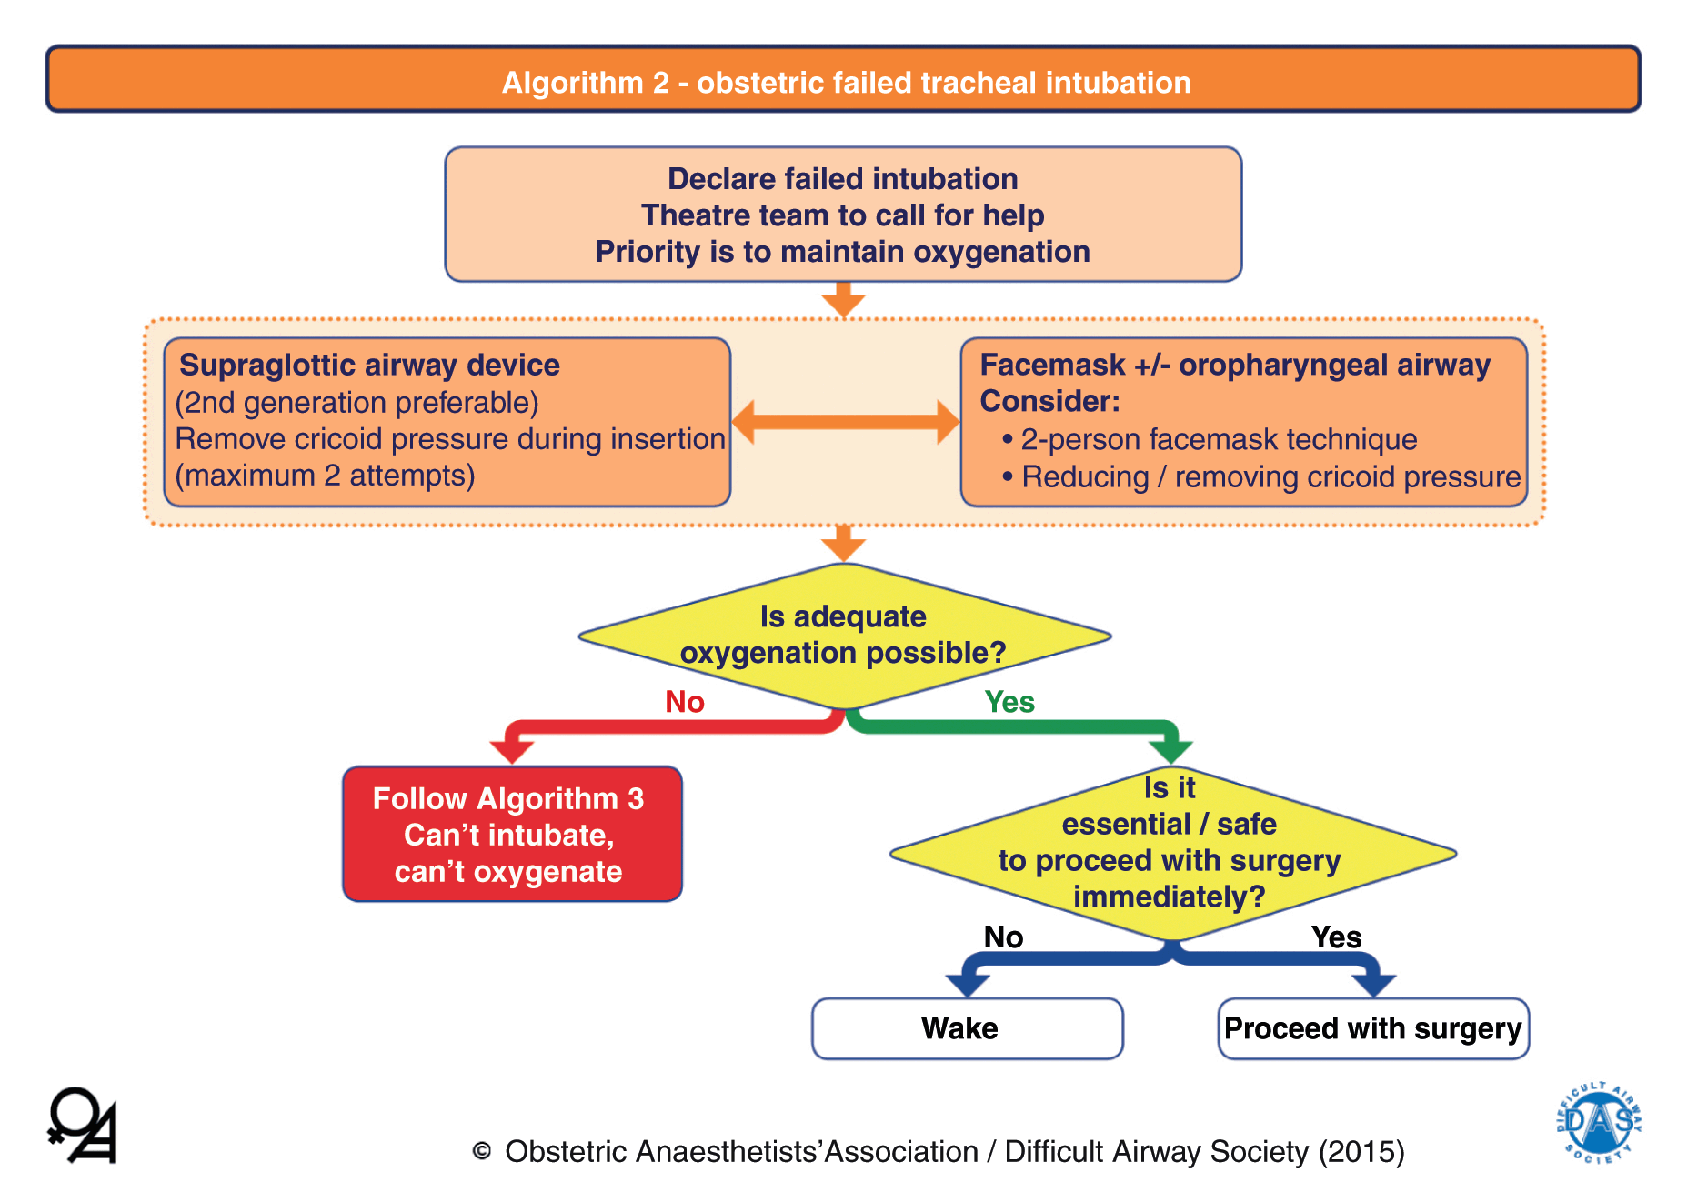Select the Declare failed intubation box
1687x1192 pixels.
point(843,215)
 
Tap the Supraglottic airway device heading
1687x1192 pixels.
point(369,365)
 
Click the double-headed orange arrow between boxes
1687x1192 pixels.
point(845,422)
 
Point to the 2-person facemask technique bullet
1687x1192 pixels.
point(1218,440)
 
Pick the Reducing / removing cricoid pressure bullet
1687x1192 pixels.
point(1270,477)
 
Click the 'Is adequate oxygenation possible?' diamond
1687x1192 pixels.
point(844,636)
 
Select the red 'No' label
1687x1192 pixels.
point(685,702)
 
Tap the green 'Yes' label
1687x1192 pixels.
point(1009,702)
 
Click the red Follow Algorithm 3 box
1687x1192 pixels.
point(512,834)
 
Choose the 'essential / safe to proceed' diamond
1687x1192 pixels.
point(1170,853)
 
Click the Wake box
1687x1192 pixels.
point(968,1028)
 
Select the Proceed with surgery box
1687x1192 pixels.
point(1373,1028)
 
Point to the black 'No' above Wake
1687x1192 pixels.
point(1003,937)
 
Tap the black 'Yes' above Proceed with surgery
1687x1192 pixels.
point(1336,937)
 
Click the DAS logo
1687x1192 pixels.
point(1599,1122)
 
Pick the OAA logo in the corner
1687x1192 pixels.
point(82,1126)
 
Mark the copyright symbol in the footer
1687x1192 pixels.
point(482,1152)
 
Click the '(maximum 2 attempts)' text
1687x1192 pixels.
point(325,476)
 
